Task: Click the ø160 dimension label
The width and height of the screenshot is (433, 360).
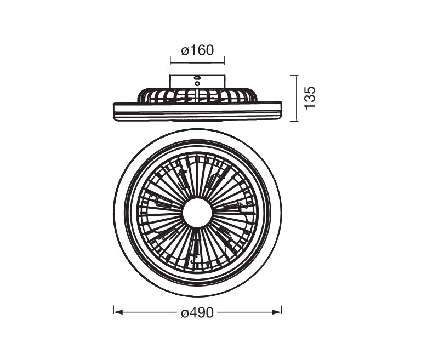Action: (197, 50)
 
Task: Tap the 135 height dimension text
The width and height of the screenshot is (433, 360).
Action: (310, 98)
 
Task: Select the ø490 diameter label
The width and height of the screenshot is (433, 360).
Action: (197, 312)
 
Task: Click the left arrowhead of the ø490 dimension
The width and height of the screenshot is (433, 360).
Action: (118, 312)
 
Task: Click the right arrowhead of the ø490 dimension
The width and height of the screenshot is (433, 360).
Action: (277, 312)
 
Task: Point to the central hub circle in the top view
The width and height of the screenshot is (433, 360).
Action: (198, 213)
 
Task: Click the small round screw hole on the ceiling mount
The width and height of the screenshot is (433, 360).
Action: (197, 83)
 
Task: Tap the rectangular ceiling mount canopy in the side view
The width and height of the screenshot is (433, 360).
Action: (197, 82)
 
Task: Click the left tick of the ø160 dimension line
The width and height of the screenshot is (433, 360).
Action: (170, 60)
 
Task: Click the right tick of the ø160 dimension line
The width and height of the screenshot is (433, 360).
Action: (225, 60)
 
